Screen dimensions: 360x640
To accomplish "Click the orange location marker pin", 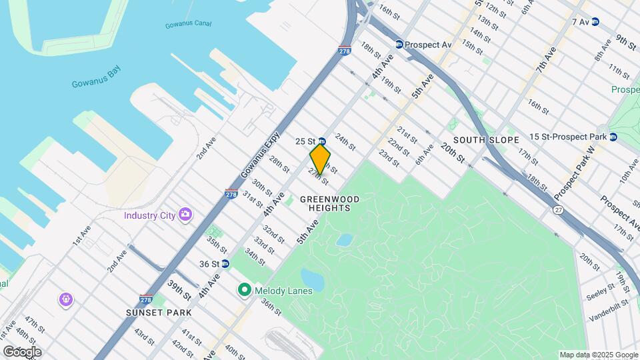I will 320,159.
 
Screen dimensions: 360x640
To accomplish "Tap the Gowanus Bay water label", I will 94,84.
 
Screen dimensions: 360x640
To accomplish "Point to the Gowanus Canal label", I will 188,25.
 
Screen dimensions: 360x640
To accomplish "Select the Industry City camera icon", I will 185,215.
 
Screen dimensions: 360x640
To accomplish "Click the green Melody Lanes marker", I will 244,291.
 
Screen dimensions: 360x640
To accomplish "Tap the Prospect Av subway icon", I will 399,45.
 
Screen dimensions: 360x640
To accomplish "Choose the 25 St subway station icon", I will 321,141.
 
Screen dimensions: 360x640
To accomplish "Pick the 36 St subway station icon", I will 225,264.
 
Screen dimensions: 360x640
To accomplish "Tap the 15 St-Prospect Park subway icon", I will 613,137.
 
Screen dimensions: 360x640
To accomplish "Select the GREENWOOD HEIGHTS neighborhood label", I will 329,203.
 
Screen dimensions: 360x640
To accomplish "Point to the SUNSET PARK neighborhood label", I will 159,312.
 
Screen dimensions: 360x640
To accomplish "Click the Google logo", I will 22,351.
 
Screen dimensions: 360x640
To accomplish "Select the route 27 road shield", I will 557,210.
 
